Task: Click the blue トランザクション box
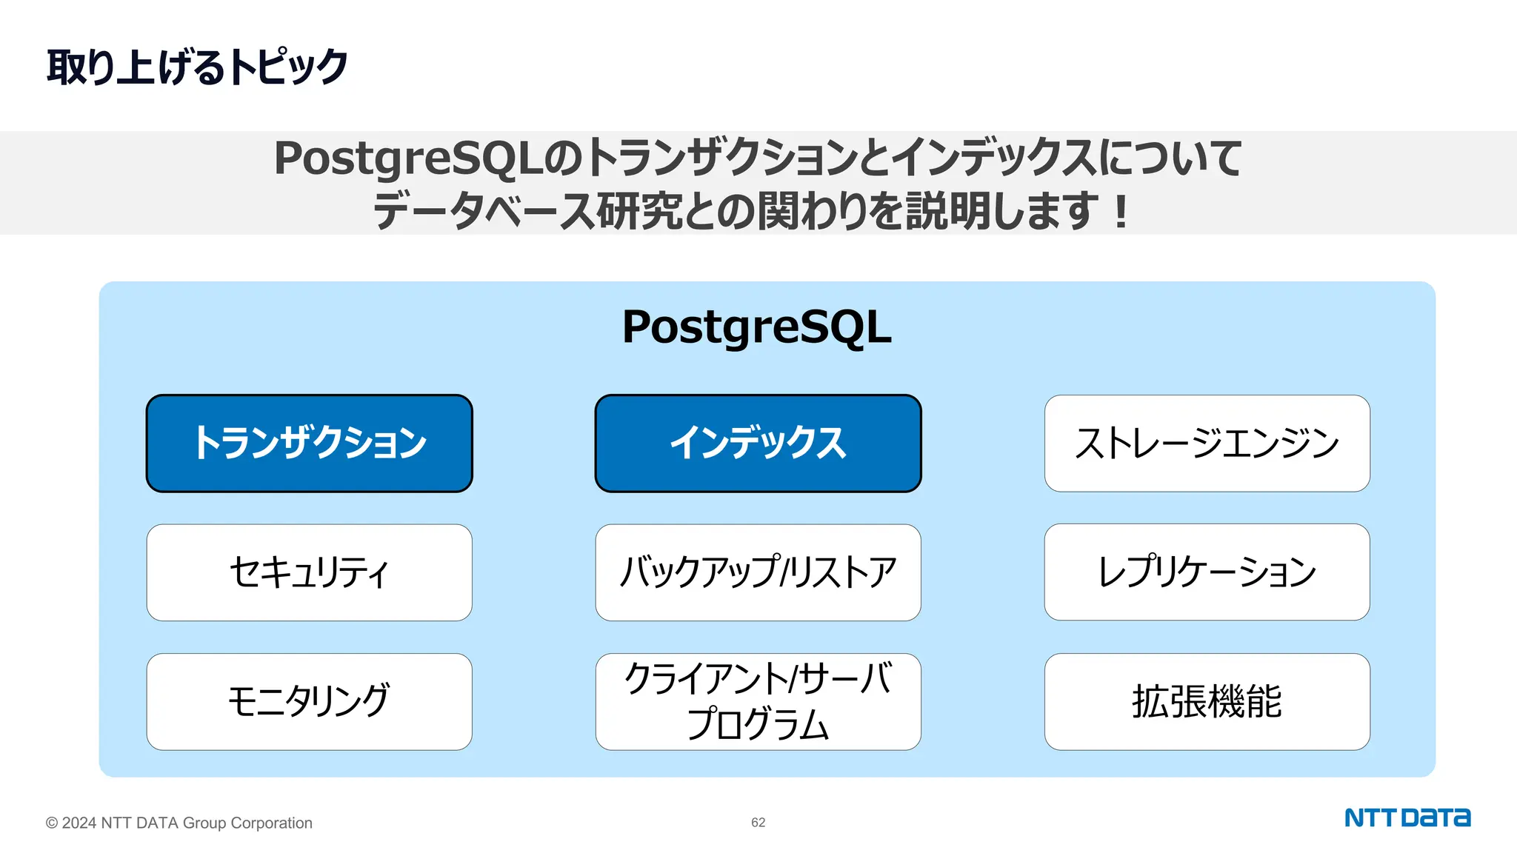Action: point(309,443)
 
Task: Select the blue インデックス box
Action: point(758,443)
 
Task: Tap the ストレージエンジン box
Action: point(1207,443)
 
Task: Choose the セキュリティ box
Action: point(309,572)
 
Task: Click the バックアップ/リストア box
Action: point(758,572)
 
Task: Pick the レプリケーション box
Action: point(1207,572)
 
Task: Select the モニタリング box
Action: point(309,701)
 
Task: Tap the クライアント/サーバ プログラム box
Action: point(758,701)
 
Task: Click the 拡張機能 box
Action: point(1207,701)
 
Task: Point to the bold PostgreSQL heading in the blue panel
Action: point(756,327)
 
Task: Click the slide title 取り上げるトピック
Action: point(197,67)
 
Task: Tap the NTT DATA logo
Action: point(1407,818)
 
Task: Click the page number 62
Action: point(758,823)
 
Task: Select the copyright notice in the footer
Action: point(179,823)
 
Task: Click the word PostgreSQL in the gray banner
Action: point(408,158)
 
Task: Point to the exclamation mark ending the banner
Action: point(1121,212)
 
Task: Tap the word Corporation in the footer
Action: point(271,823)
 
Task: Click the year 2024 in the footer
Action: point(79,823)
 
